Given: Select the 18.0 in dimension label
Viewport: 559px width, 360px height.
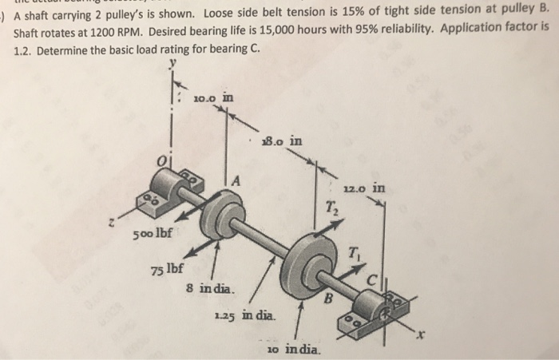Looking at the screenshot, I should tap(283, 141).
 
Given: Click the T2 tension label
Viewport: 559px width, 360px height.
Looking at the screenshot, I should tap(331, 208).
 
